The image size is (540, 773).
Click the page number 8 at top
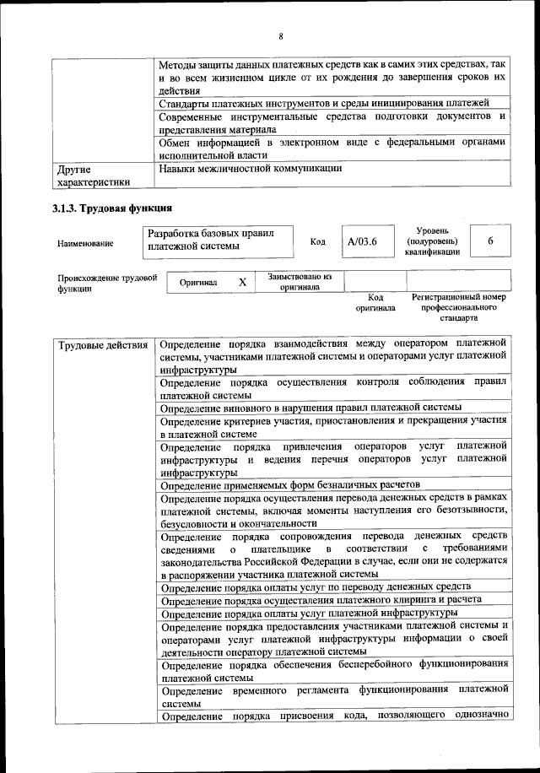coord(280,35)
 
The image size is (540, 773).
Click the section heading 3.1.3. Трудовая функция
coord(112,208)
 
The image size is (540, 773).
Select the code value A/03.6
coord(363,242)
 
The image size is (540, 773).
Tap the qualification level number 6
coord(490,241)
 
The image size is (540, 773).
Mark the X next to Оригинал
coord(242,283)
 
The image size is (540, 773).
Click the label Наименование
coord(85,243)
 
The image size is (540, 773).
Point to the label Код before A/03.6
coord(318,242)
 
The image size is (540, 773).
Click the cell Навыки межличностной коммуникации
coord(250,168)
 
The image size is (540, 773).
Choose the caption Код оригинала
coord(375,303)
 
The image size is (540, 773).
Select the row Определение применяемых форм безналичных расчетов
coord(289,484)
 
